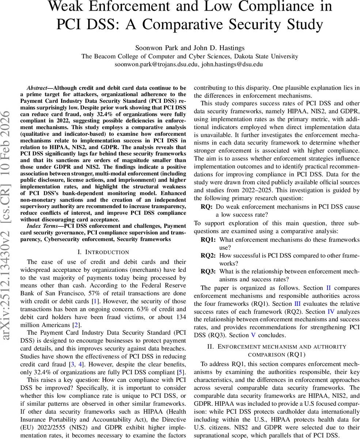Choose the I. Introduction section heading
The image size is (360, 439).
[x=103, y=252]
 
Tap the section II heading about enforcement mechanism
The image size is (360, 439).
[x=277, y=350]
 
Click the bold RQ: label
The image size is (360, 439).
[x=206, y=207]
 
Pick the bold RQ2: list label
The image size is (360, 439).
[x=208, y=256]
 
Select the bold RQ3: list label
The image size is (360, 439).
[x=208, y=271]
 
